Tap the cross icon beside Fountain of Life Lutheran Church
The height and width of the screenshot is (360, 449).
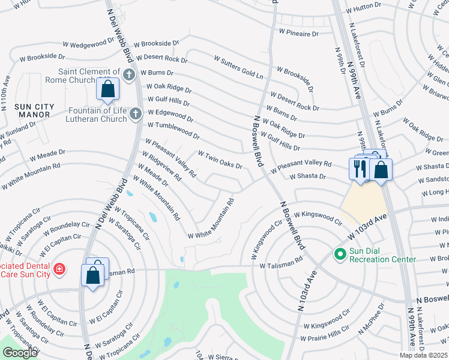click(x=136, y=113)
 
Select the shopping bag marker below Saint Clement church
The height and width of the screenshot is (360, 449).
click(x=107, y=89)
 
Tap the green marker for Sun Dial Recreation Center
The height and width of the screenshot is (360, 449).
click(x=340, y=256)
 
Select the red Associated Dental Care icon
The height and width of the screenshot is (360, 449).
click(x=59, y=268)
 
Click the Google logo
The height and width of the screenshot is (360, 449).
click(x=20, y=353)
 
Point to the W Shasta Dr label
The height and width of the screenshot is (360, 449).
click(x=307, y=176)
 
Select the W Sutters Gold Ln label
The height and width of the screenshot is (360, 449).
click(x=238, y=67)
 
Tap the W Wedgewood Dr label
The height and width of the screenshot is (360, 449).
click(x=88, y=43)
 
